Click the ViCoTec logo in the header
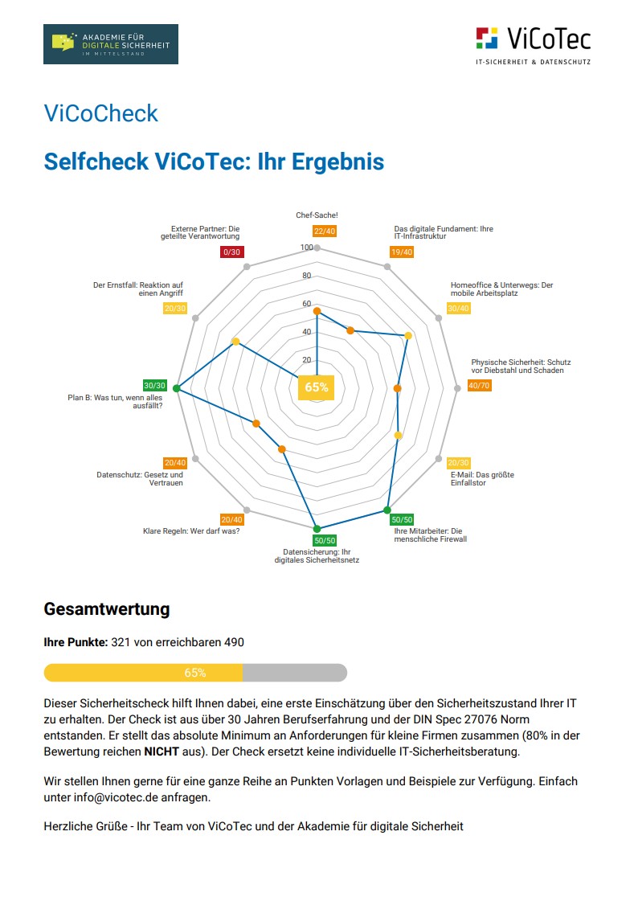point(533,43)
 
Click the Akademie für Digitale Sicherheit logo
point(111,43)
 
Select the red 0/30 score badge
point(231,252)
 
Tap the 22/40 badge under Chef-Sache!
point(325,231)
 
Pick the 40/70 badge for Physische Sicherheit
point(478,386)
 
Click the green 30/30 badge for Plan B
point(153,385)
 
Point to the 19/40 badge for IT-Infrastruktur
point(402,252)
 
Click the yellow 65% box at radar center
point(317,387)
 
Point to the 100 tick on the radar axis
point(306,248)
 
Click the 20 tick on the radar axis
point(306,360)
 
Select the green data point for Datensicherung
point(317,528)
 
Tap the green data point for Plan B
point(177,390)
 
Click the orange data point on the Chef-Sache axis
point(317,311)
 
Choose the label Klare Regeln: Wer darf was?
point(191,531)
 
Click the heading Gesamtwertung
point(107,608)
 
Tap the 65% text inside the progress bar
point(195,673)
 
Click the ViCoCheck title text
point(101,113)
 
